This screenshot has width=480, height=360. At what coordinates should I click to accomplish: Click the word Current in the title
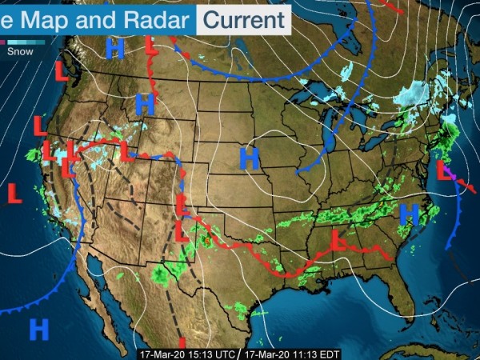coord(244,18)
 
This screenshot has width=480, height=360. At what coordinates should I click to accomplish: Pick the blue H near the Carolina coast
coord(409,214)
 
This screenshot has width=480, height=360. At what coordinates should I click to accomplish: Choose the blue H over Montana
coord(145,103)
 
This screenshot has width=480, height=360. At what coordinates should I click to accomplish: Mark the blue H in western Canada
coord(115,50)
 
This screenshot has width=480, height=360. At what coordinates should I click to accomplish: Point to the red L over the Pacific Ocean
coord(14,193)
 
